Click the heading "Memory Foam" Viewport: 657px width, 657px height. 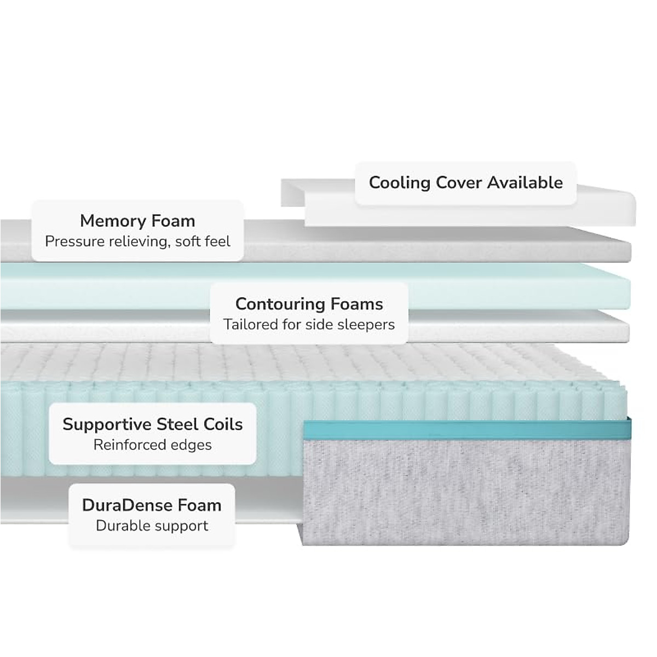coord(137,221)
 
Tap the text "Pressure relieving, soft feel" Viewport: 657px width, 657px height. coord(137,241)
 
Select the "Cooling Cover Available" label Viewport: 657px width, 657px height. coord(465,182)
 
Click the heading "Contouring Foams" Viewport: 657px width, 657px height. coord(309,304)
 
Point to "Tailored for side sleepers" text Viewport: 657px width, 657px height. coord(309,325)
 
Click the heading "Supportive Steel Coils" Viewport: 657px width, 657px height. coord(152,424)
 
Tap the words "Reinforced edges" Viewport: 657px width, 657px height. coord(152,445)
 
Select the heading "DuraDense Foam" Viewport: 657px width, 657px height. coord(152,505)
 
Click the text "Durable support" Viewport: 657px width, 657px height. coord(152,526)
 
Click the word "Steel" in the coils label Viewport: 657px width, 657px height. coord(177,424)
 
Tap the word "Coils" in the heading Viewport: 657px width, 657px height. coord(223,424)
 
